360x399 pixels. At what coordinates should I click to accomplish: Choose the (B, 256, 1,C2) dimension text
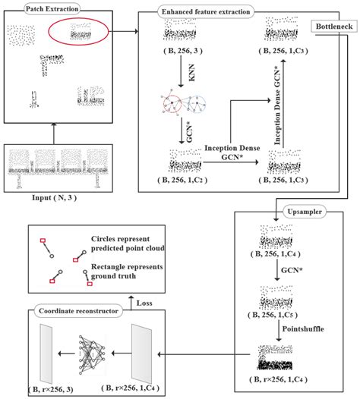click(183, 180)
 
